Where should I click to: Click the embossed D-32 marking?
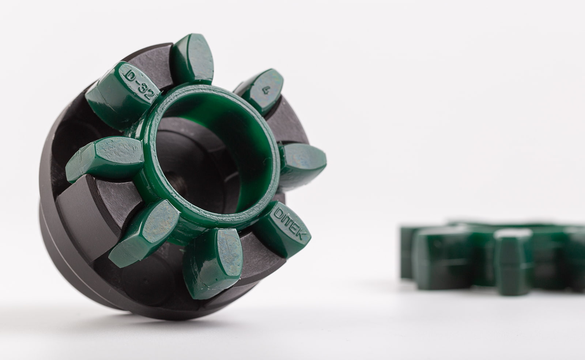(x=139, y=84)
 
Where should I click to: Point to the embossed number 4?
(x=266, y=90)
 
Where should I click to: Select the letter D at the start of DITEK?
(x=278, y=212)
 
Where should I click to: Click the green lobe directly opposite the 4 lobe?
(x=144, y=233)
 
